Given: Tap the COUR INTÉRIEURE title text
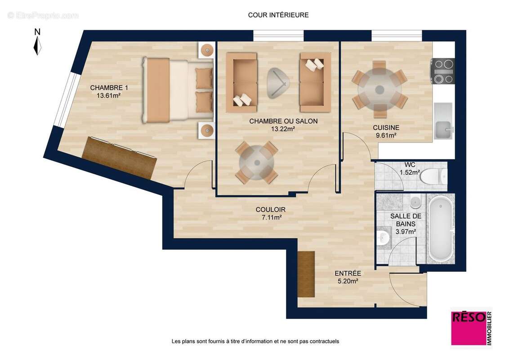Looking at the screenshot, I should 278,15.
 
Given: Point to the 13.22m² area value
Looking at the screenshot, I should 283,129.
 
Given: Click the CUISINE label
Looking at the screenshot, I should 386,128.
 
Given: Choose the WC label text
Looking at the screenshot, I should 410,165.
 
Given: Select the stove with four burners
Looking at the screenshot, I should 443,71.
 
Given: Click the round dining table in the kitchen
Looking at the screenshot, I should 380,88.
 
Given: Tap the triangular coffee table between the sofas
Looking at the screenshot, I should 278,83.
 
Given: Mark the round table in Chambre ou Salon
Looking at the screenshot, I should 256,162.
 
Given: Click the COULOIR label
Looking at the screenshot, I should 270,210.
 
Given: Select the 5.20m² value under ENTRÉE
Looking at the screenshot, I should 348,281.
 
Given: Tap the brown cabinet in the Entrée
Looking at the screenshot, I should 306,273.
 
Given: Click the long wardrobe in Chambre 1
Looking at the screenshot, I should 119,157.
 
